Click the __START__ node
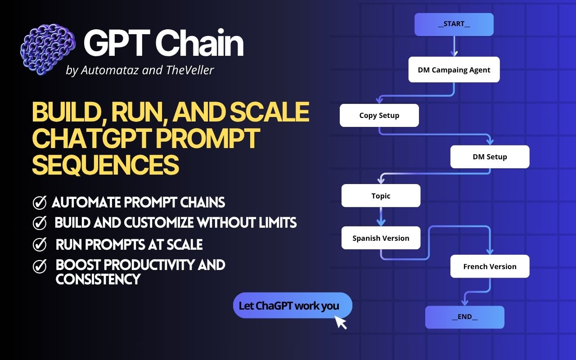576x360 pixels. pos(454,24)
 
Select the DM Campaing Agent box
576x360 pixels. pos(454,70)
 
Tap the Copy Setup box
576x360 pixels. pos(379,116)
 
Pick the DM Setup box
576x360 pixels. pos(490,157)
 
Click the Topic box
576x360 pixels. pos(381,196)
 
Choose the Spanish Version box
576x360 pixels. pos(381,238)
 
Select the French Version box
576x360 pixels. pos(490,266)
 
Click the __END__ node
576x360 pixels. pos(464,317)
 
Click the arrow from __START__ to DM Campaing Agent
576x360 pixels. pos(454,46)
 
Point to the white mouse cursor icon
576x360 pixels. pos(341,322)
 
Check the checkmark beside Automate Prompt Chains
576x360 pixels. pos(40,203)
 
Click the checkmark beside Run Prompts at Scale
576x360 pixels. pos(40,245)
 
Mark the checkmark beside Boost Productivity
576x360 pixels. pos(40,266)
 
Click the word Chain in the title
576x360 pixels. pos(199,44)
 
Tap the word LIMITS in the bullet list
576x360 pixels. pos(274,223)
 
